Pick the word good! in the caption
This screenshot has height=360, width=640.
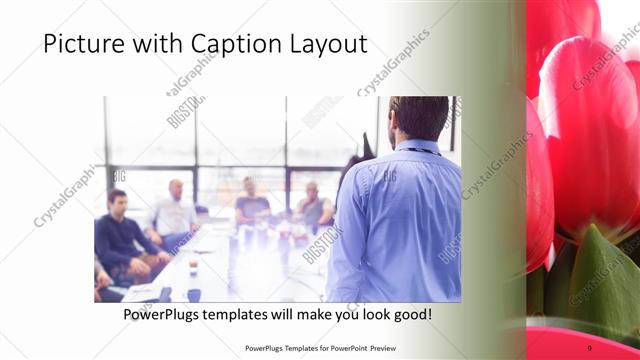click(411, 314)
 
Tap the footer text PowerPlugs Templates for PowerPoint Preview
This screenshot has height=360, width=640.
click(319, 348)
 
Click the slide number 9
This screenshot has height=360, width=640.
click(589, 347)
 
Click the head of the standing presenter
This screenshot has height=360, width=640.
click(418, 117)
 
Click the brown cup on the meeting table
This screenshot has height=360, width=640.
click(193, 265)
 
